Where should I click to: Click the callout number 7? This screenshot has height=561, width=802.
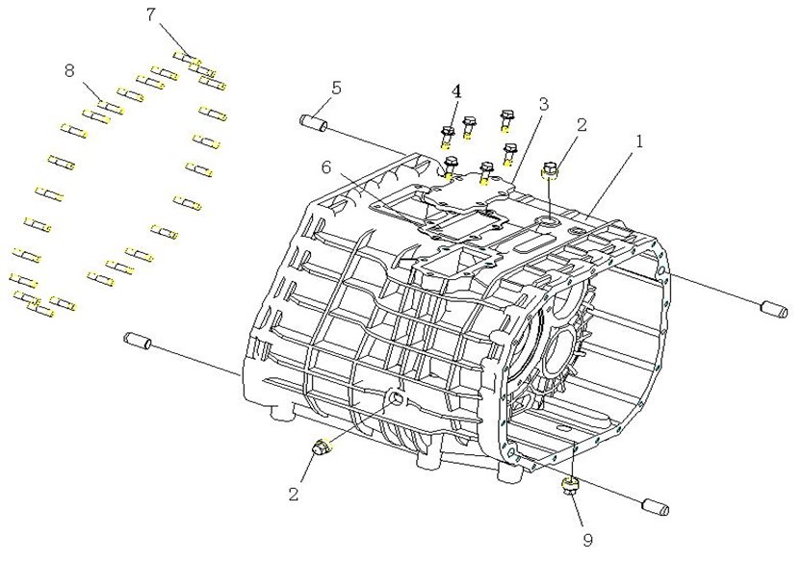click(x=150, y=14)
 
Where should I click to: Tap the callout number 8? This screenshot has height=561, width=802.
click(x=69, y=70)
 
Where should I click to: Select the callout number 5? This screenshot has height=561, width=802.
click(x=335, y=88)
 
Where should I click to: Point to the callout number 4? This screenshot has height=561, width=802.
click(x=456, y=91)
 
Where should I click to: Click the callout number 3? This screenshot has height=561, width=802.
click(x=543, y=103)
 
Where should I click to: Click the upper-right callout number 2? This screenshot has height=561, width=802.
click(x=582, y=125)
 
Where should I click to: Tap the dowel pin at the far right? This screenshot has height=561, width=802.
click(x=776, y=309)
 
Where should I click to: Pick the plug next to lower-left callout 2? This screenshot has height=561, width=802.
click(x=323, y=447)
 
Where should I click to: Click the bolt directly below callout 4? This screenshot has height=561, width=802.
click(x=448, y=136)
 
